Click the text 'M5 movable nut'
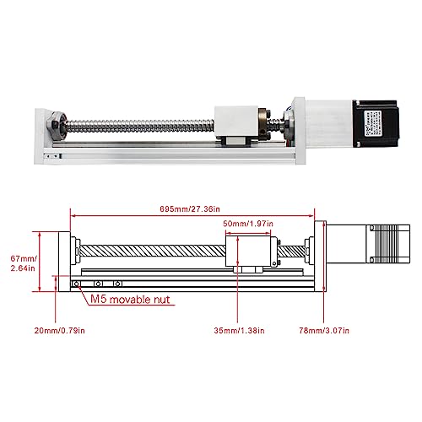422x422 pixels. [127, 298]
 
